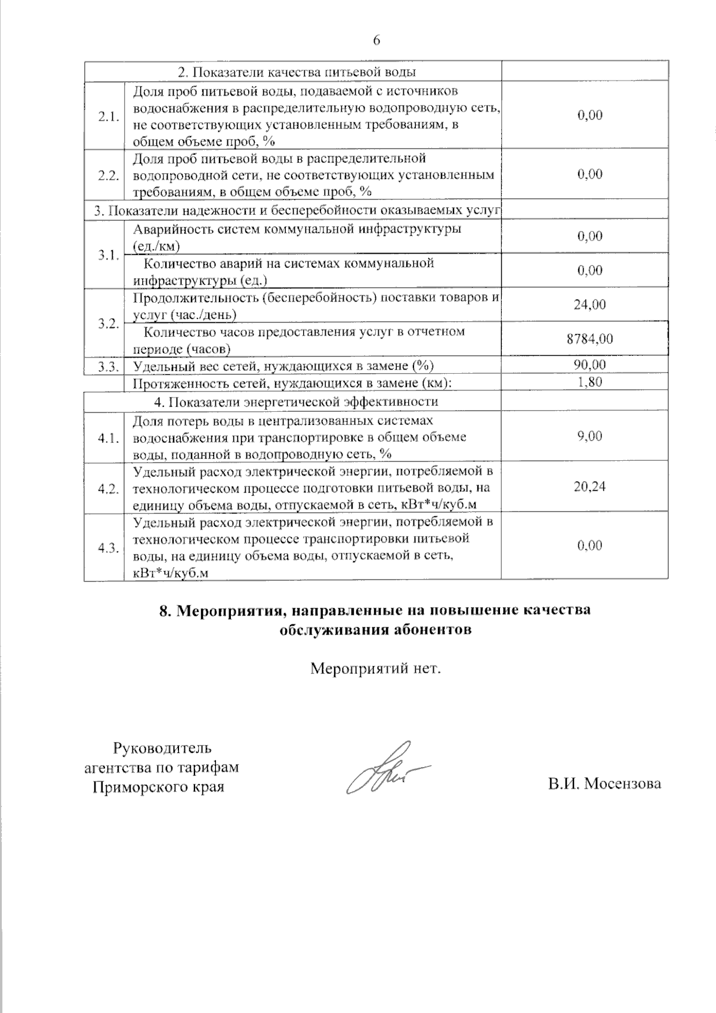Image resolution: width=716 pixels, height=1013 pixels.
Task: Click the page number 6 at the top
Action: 376,40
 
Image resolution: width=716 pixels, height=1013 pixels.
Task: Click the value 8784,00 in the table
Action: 590,339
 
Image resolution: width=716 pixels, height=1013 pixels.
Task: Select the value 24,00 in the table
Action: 590,304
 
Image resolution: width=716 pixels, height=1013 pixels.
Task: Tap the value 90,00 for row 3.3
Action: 590,365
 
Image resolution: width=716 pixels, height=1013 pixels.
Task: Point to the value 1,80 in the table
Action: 590,382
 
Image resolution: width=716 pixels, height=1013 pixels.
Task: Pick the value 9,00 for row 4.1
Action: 590,436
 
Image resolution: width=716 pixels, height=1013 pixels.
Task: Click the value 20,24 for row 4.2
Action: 590,487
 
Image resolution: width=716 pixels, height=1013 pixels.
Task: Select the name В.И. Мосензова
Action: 604,784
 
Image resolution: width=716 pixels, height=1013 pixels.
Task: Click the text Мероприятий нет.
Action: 375,668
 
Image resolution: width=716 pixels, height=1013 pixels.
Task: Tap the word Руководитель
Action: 162,748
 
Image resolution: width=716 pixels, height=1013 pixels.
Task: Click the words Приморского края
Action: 158,787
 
